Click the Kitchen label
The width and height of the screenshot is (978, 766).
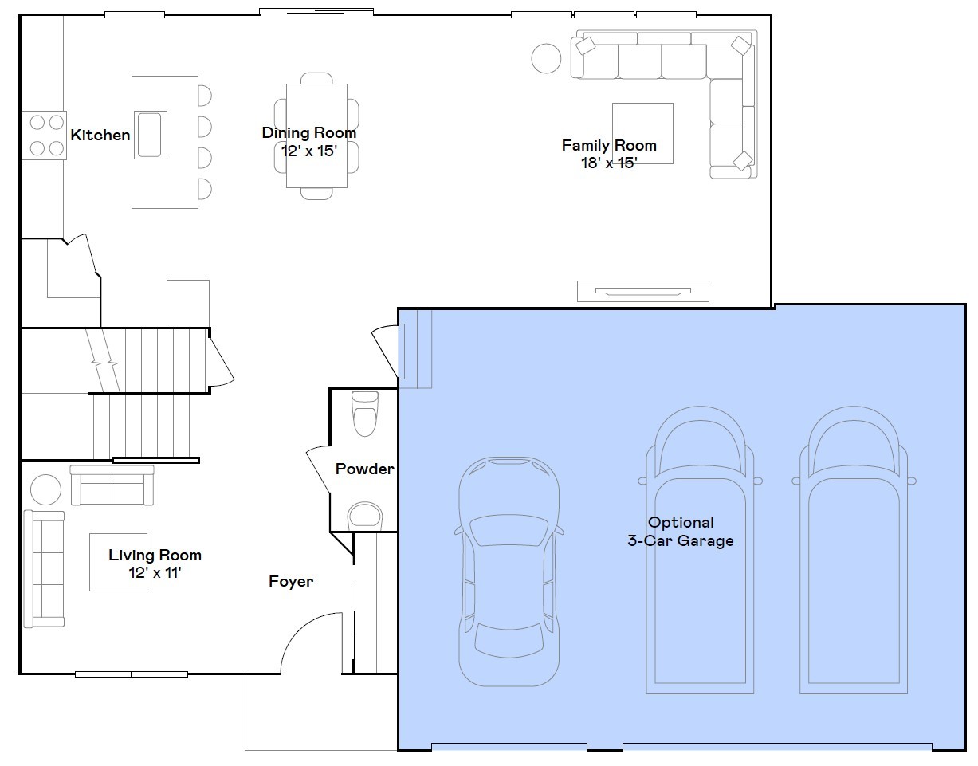[100, 136]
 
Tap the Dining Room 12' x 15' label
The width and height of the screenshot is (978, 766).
[309, 141]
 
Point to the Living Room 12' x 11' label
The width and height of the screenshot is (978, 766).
[155, 564]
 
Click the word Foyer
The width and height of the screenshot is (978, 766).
[291, 582]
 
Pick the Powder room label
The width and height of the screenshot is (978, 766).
[364, 469]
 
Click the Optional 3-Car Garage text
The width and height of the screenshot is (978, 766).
[680, 532]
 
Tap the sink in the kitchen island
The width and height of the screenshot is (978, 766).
[150, 135]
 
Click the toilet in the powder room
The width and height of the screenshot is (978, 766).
[365, 413]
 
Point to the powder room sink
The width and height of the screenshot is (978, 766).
[364, 515]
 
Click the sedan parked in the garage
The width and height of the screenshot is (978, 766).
[509, 571]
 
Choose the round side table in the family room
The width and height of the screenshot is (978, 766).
[547, 58]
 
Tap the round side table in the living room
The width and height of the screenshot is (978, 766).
[45, 489]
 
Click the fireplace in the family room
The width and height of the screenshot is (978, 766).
[642, 291]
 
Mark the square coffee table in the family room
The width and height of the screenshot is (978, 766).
[642, 133]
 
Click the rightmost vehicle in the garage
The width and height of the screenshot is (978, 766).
[854, 550]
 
